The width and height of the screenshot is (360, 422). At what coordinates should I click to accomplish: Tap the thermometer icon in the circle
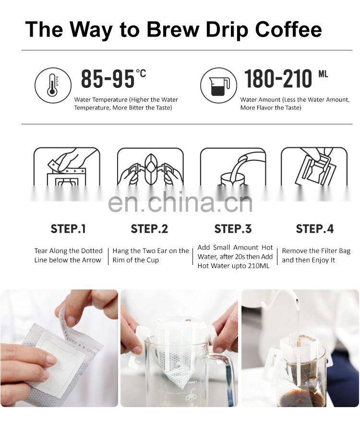coord(53,85)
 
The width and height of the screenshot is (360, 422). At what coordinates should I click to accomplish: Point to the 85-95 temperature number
coord(108,79)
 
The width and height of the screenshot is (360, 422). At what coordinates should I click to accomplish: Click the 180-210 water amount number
coord(278,79)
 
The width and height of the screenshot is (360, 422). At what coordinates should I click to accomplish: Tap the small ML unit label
coord(323,74)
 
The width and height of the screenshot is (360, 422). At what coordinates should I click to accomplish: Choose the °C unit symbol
coord(141,73)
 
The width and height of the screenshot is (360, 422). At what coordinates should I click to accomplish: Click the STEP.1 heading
coord(68,229)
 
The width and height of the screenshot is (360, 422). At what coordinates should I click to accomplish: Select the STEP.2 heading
coord(149,229)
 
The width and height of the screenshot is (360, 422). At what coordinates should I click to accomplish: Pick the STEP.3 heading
coord(233,229)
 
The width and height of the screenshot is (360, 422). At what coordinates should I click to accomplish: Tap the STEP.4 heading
coord(315,229)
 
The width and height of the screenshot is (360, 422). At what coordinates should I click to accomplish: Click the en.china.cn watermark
coord(180,202)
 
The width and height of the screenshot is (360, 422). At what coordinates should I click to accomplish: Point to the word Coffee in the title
coord(288,29)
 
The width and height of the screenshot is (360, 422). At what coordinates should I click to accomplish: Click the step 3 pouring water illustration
coord(233,167)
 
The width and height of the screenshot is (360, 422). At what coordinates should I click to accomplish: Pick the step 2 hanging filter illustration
coord(150,167)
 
